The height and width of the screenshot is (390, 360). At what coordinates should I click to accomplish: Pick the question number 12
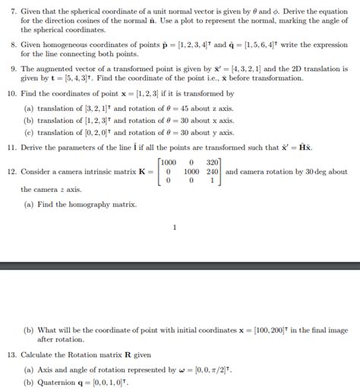point(12,171)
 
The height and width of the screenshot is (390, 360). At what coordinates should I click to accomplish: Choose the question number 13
point(12,354)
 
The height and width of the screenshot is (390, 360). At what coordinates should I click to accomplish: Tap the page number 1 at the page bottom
point(174,227)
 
